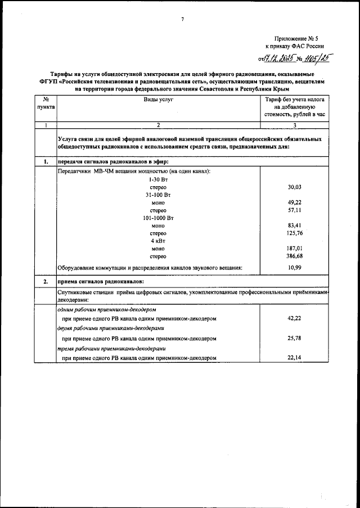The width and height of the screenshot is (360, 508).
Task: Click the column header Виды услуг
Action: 158,98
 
